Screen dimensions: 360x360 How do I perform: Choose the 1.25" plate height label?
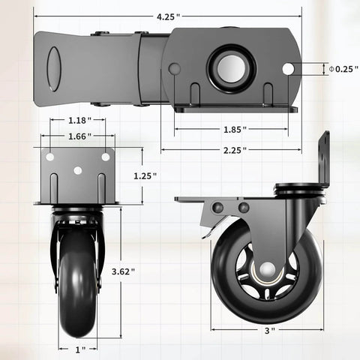(x=144, y=175)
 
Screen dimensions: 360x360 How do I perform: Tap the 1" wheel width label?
(x=79, y=349)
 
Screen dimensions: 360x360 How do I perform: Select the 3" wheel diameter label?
(x=268, y=330)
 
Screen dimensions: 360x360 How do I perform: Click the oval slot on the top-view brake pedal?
(x=54, y=69)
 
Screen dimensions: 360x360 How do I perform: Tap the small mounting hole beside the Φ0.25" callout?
(x=288, y=69)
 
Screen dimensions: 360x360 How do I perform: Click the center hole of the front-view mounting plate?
(x=77, y=170)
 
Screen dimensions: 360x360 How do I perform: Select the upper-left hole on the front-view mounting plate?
(x=50, y=157)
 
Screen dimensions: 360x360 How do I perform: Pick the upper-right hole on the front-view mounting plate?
(x=105, y=157)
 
